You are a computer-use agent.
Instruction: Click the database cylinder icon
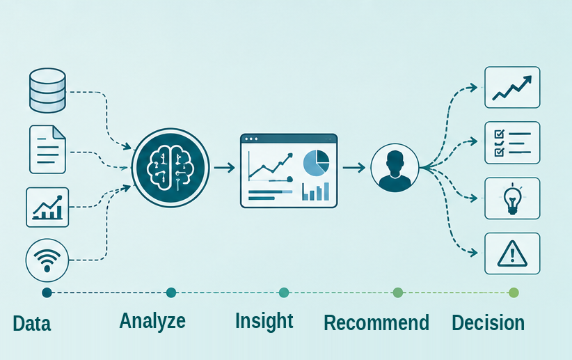click(x=47, y=91)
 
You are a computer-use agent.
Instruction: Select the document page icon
click(x=47, y=149)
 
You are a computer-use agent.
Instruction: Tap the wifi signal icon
click(x=47, y=260)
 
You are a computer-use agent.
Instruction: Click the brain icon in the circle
click(x=170, y=168)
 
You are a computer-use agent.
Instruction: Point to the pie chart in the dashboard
click(x=317, y=162)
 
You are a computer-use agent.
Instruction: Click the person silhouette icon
click(x=395, y=168)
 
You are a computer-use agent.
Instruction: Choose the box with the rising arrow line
click(x=512, y=87)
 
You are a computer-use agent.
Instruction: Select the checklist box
click(x=512, y=143)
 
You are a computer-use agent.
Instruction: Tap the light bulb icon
click(x=512, y=199)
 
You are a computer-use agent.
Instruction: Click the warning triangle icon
click(x=512, y=253)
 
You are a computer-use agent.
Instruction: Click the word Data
click(x=32, y=324)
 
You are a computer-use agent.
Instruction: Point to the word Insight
click(x=264, y=321)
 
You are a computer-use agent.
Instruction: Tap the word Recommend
click(x=376, y=323)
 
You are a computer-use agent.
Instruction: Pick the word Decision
click(x=488, y=323)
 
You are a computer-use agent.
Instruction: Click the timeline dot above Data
click(x=47, y=292)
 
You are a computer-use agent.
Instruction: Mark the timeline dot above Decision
click(x=514, y=292)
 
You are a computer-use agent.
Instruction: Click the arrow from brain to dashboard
click(x=224, y=168)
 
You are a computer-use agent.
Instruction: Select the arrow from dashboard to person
click(x=354, y=168)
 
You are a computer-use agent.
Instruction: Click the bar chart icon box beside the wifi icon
click(x=47, y=208)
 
